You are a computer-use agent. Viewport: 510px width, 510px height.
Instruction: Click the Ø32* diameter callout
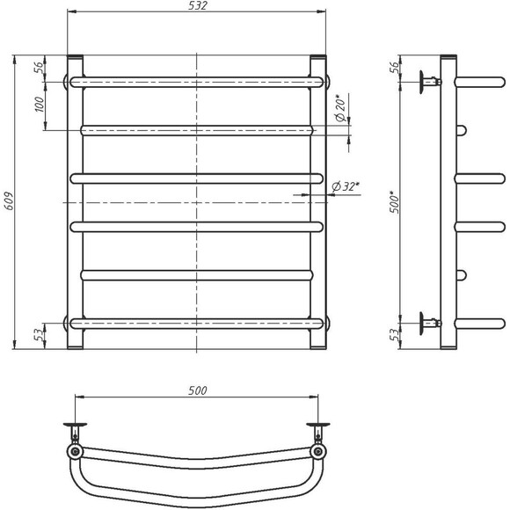pyautogui.click(x=349, y=185)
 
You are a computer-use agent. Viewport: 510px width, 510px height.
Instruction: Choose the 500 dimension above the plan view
pyautogui.click(x=197, y=390)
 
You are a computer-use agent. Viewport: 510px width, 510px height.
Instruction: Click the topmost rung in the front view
pyautogui.click(x=197, y=82)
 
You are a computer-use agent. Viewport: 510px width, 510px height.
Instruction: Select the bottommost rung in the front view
pyautogui.click(x=197, y=324)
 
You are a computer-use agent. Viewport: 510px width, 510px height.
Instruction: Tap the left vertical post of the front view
pyautogui.click(x=75, y=202)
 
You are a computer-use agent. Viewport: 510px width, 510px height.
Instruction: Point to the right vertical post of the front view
pyautogui.click(x=320, y=202)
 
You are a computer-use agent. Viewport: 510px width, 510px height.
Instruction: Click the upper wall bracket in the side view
pyautogui.click(x=430, y=82)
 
